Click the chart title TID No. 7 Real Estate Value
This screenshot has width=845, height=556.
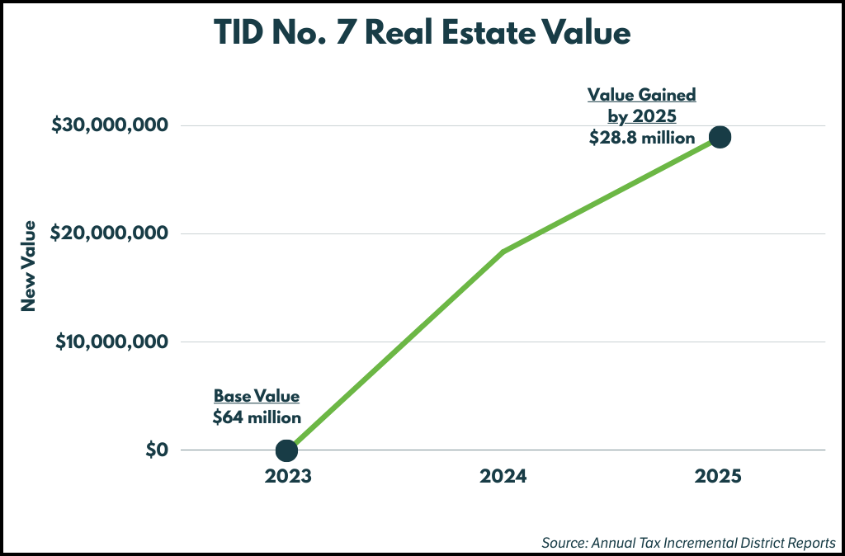click(x=422, y=34)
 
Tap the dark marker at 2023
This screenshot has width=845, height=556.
click(x=286, y=450)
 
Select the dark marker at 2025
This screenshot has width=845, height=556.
click(x=720, y=137)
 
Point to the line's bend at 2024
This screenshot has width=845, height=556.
click(x=503, y=252)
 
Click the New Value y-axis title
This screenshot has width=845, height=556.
click(x=29, y=266)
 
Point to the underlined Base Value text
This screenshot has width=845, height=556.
click(x=257, y=396)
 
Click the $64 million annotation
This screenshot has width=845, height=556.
click(x=257, y=417)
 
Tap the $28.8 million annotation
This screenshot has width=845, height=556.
click(x=642, y=138)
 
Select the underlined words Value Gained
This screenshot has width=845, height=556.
click(x=642, y=95)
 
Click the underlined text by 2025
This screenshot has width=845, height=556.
click(x=642, y=116)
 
